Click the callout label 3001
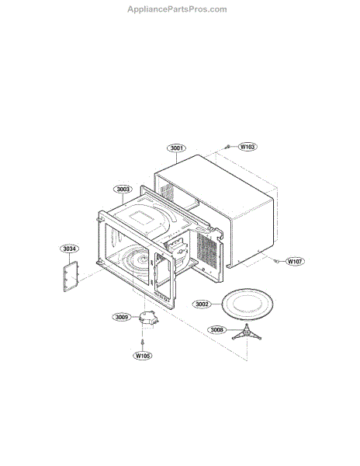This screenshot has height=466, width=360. point(176,148)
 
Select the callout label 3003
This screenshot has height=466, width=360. point(123,190)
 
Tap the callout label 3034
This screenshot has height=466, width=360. point(70,249)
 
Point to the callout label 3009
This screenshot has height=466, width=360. point(122,317)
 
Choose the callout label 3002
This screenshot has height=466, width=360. point(202,304)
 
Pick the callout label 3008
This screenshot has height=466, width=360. point(216,330)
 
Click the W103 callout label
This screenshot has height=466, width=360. point(247,147)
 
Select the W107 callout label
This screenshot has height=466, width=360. point(295,262)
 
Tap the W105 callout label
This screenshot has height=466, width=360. point(143,356)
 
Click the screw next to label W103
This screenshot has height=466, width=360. point(227,147)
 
